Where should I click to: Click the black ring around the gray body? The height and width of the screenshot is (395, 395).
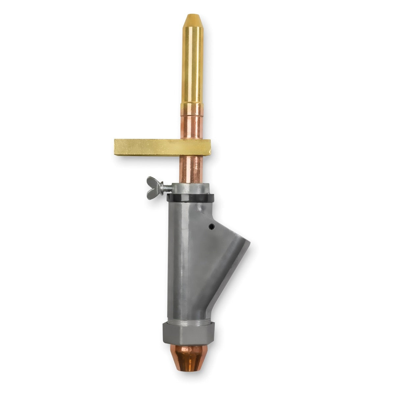tap(191, 198)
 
